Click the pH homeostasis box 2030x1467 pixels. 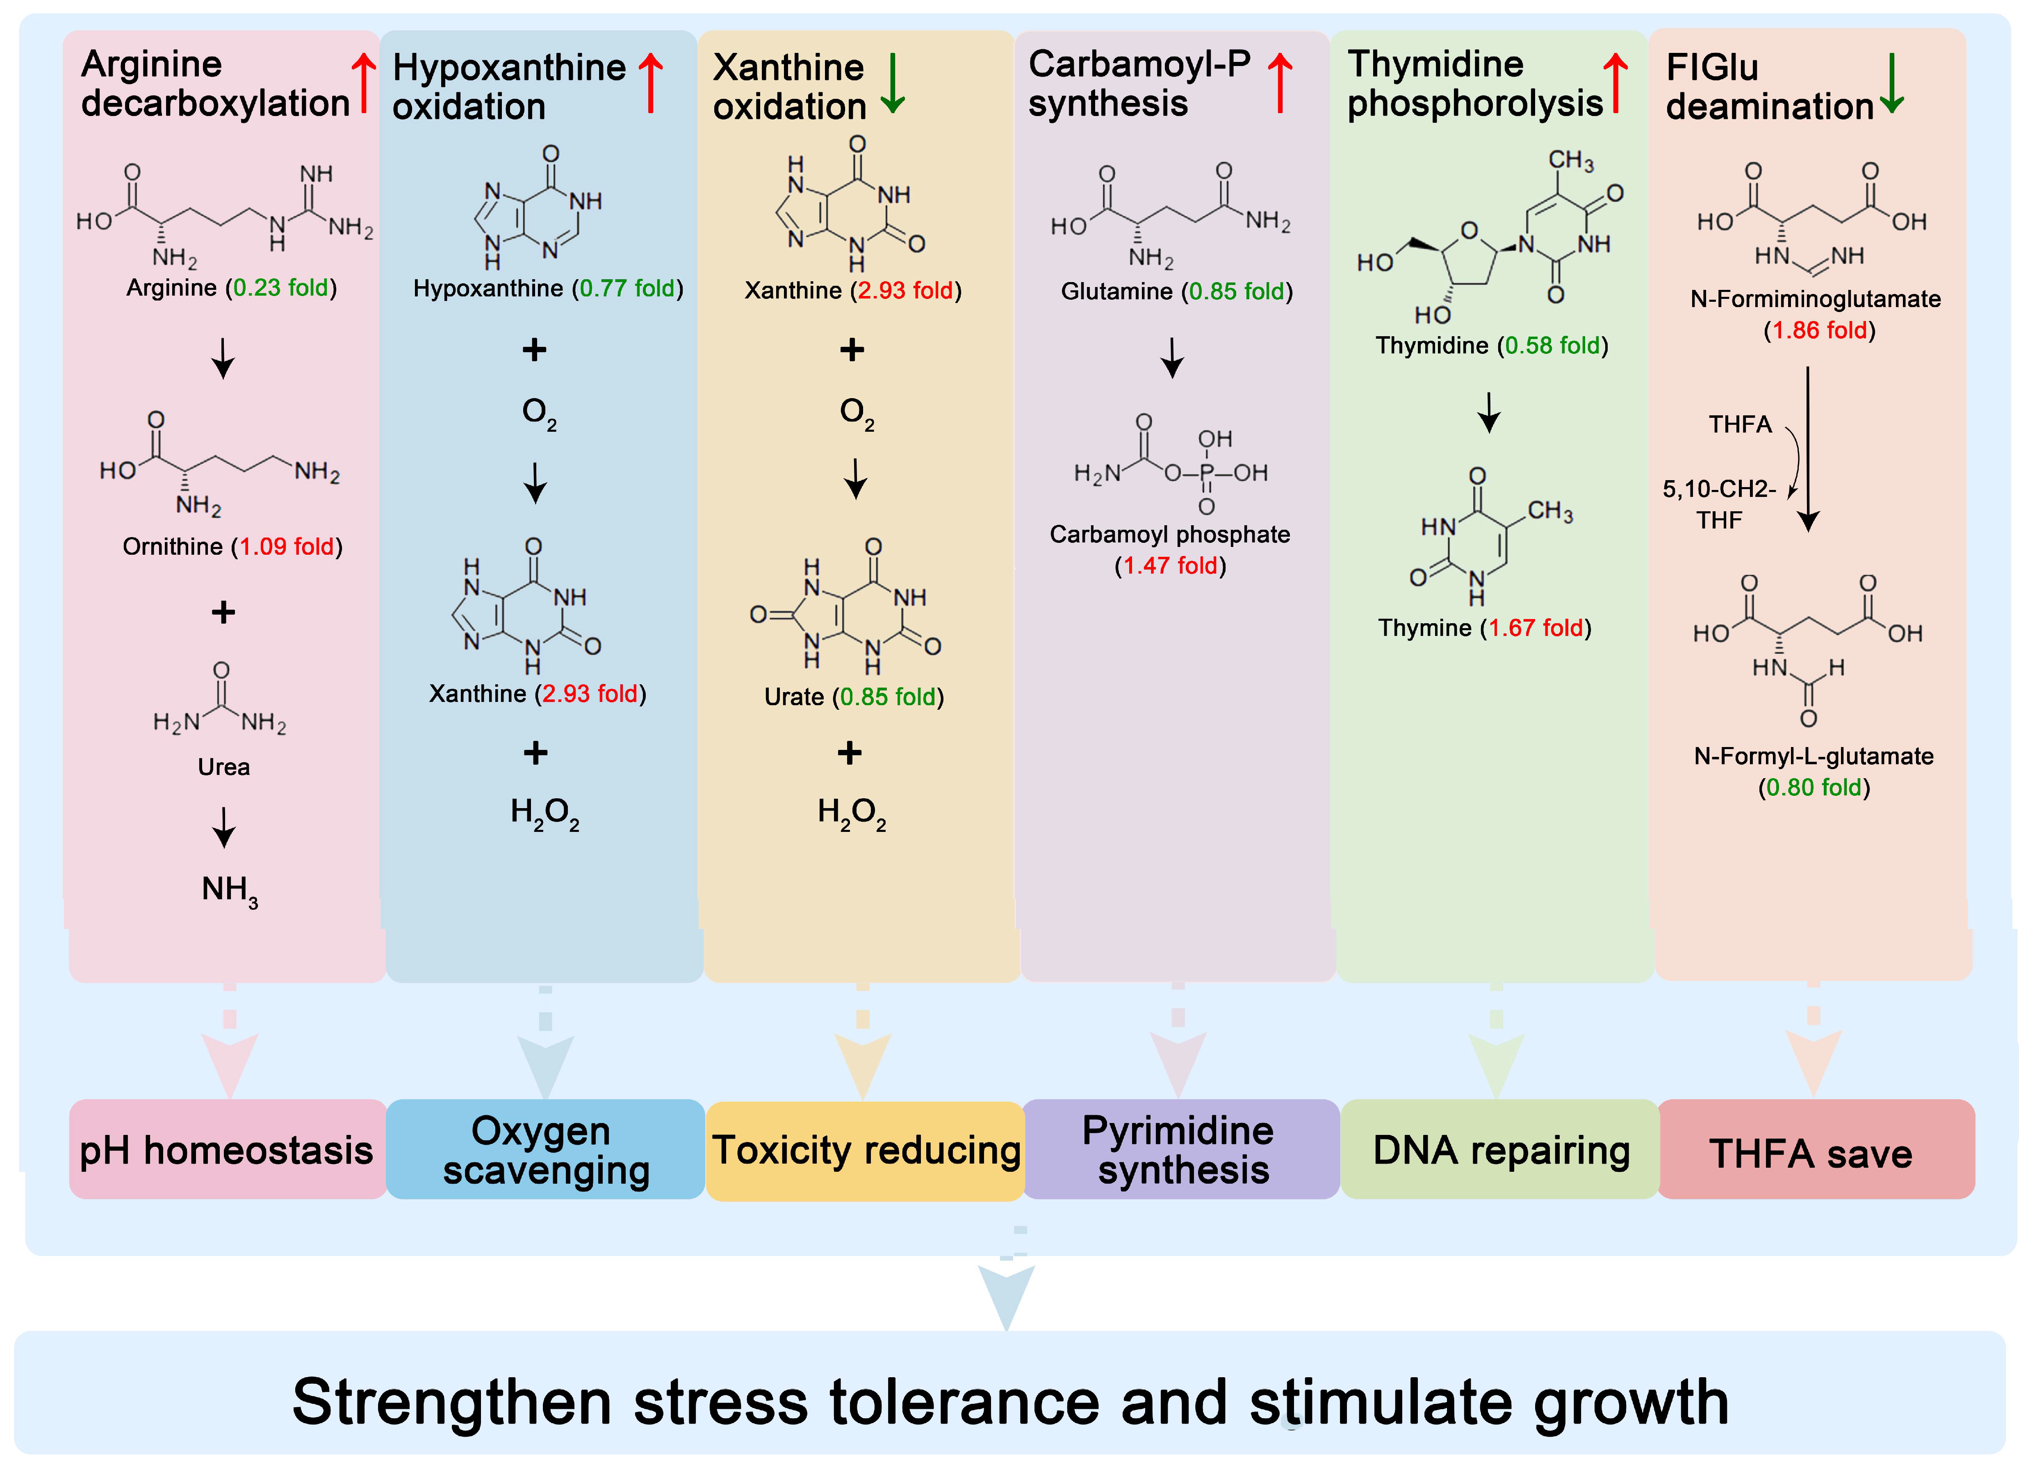tap(226, 1150)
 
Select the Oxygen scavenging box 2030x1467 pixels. tap(545, 1150)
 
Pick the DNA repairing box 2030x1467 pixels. tap(1500, 1150)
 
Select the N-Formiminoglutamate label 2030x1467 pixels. tap(1815, 299)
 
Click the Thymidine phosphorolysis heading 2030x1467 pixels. tap(1475, 83)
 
